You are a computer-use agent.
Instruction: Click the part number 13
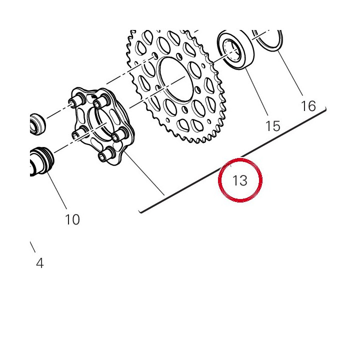tap(240, 180)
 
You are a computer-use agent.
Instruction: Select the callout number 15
tap(273, 126)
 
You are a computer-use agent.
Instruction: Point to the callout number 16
tap(308, 106)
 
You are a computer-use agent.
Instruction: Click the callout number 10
tap(72, 219)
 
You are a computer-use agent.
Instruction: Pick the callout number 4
tap(39, 263)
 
